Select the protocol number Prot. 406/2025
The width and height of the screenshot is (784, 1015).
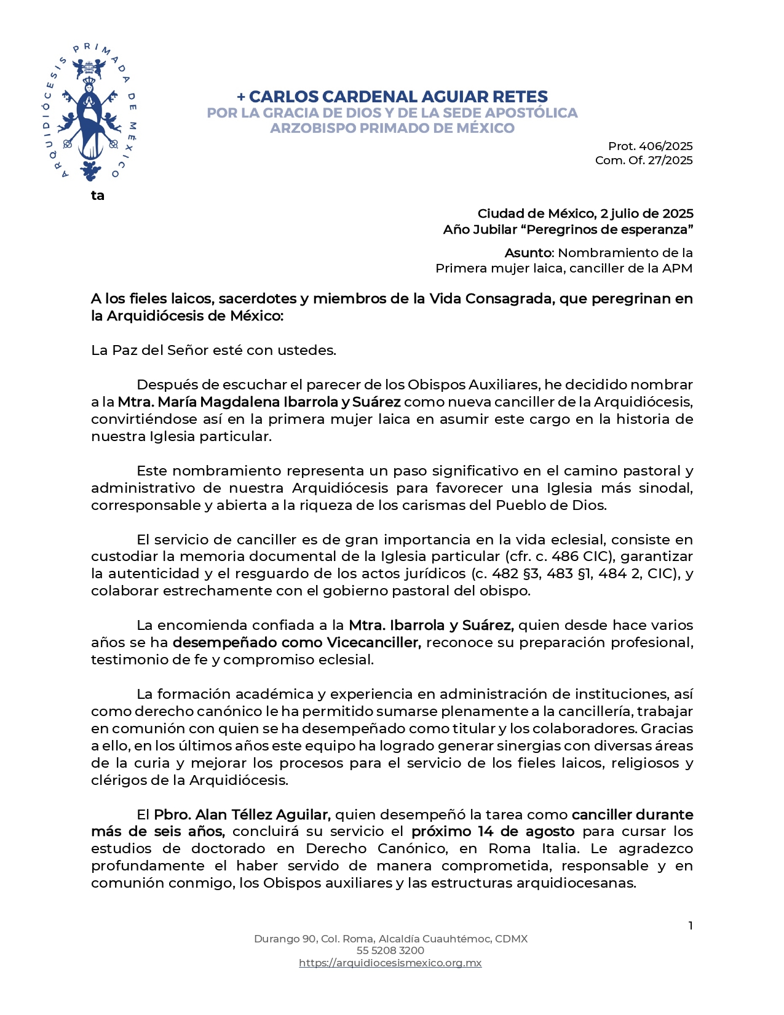(650, 146)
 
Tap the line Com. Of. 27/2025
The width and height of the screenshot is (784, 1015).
(643, 161)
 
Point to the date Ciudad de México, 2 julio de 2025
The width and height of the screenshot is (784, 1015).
(585, 214)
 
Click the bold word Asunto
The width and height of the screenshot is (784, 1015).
(528, 253)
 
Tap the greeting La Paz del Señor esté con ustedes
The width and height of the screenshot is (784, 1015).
(213, 351)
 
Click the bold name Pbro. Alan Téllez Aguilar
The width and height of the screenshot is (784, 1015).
(242, 815)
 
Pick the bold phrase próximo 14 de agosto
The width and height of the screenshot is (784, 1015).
(493, 832)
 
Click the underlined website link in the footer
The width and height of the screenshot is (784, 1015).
(390, 963)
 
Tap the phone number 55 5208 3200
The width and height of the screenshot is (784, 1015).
(390, 950)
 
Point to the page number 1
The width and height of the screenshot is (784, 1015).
(691, 926)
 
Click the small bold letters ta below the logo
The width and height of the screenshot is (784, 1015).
(98, 196)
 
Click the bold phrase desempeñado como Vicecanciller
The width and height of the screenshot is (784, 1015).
(296, 643)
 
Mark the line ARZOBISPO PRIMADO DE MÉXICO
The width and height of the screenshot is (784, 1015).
(392, 128)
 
